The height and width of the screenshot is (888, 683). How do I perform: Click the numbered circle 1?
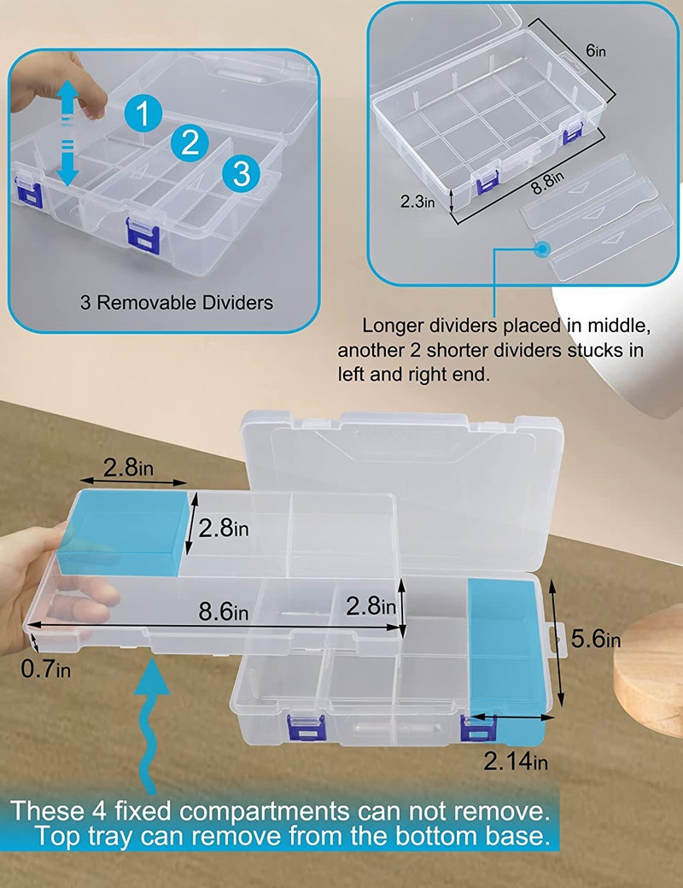click(x=143, y=113)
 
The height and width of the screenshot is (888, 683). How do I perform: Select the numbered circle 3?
click(x=242, y=172)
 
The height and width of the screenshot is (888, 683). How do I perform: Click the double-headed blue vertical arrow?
click(x=67, y=133)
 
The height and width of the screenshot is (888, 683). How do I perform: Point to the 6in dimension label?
click(x=595, y=50)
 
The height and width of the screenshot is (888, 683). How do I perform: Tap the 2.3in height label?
click(x=417, y=201)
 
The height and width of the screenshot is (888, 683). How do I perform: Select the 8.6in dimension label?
click(x=223, y=611)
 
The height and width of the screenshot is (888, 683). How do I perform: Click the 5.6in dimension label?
click(x=596, y=639)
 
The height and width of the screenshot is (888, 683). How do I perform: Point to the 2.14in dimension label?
click(x=516, y=761)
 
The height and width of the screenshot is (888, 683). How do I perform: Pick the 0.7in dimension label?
click(x=46, y=669)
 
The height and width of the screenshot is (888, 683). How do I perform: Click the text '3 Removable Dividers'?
click(x=177, y=302)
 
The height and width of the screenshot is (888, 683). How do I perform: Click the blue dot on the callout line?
click(x=543, y=248)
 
